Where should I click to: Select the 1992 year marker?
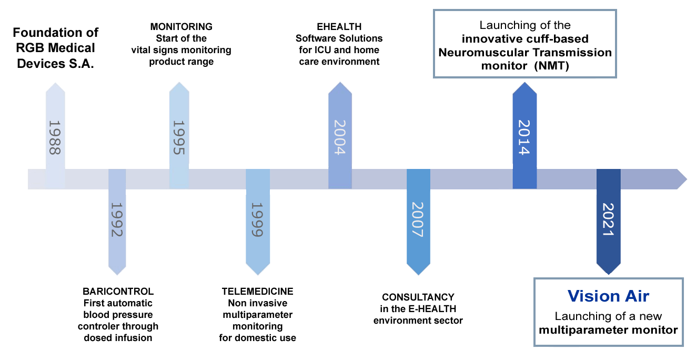pyautogui.click(x=117, y=219)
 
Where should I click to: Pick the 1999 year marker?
pyautogui.click(x=257, y=219)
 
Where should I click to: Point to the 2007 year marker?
pyautogui.click(x=418, y=219)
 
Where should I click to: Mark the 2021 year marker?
pyautogui.click(x=608, y=219)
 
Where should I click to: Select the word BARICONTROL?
pyautogui.click(x=118, y=291)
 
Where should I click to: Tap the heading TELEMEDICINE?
pyautogui.click(x=257, y=291)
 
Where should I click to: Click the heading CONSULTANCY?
pyautogui.click(x=418, y=297)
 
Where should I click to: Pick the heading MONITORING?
pyautogui.click(x=181, y=26)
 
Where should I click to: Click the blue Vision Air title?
pyautogui.click(x=608, y=296)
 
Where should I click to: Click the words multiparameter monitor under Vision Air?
pyautogui.click(x=608, y=330)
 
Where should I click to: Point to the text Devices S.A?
pyautogui.click(x=56, y=64)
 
